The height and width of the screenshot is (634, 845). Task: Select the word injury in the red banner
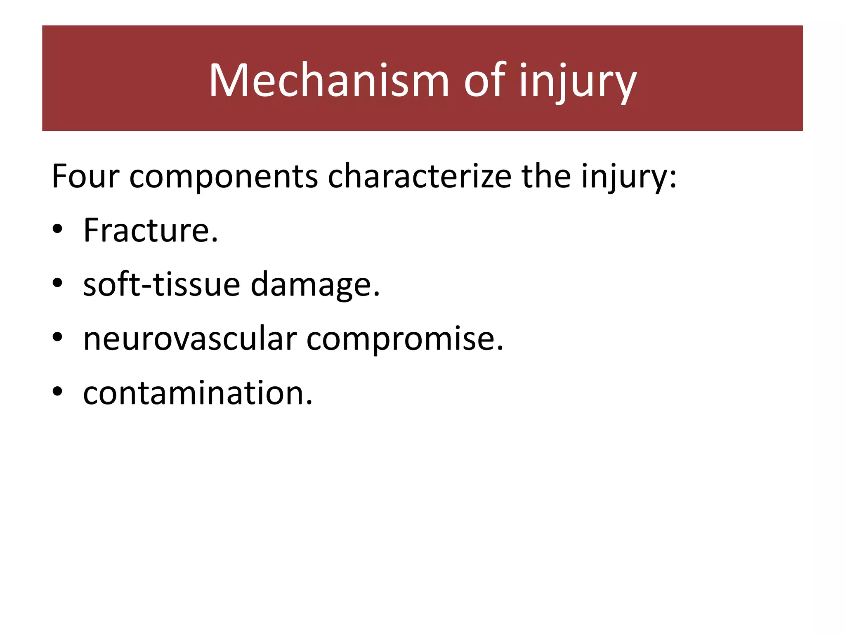(x=578, y=83)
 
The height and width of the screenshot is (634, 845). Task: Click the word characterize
(x=419, y=177)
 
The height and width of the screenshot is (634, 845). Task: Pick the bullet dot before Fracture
(x=57, y=229)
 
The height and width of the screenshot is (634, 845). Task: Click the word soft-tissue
(x=161, y=285)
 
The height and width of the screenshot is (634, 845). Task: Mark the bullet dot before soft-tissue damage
(x=57, y=283)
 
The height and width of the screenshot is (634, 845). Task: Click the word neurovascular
(x=190, y=339)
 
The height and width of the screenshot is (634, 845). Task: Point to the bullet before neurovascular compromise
(x=57, y=337)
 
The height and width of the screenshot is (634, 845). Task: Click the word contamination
(x=194, y=393)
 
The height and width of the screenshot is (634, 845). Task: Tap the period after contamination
(x=309, y=403)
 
